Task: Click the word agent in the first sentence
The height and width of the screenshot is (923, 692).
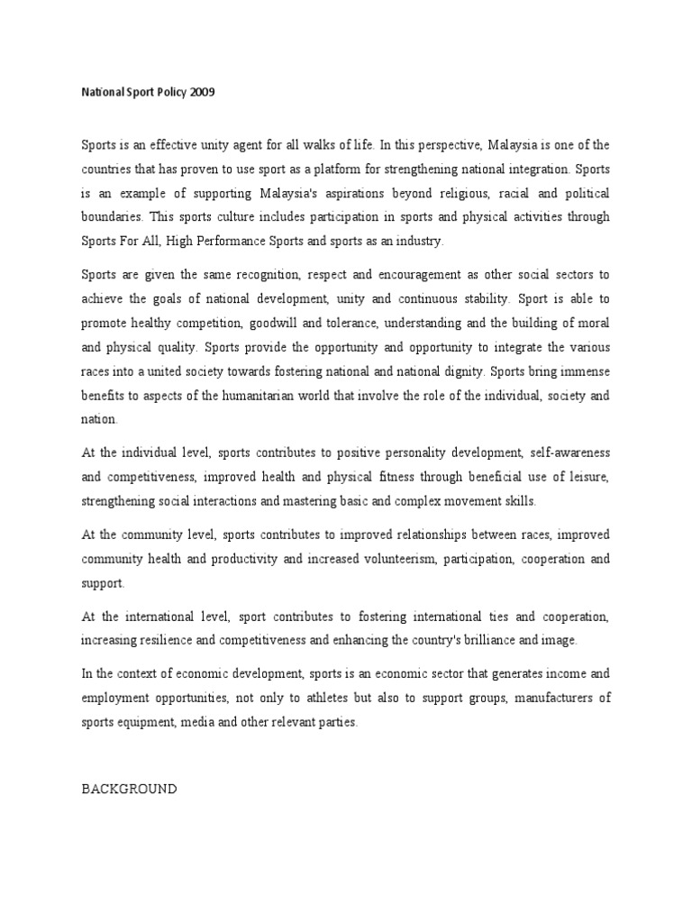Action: pyautogui.click(x=235, y=145)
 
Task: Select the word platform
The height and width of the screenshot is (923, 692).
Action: pyautogui.click(x=343, y=169)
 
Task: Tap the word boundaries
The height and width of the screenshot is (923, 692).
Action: pyautogui.click(x=112, y=216)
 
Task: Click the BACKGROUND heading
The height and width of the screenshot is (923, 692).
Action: pyautogui.click(x=130, y=789)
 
